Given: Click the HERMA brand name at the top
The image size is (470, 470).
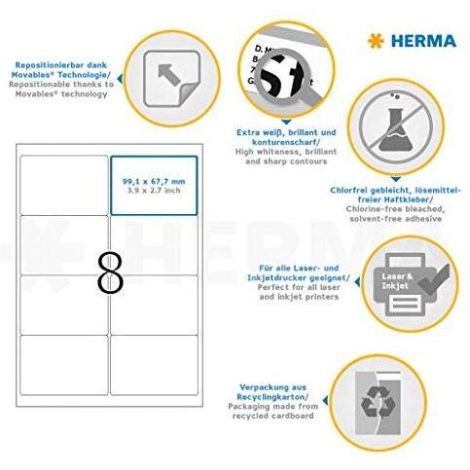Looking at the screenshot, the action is pyautogui.click(x=423, y=41).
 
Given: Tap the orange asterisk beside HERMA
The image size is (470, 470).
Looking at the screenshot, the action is pyautogui.click(x=376, y=41).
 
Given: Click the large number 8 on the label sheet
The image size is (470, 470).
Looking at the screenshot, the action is pyautogui.click(x=110, y=273).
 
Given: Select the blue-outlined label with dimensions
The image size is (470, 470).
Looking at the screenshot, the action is pyautogui.click(x=154, y=185).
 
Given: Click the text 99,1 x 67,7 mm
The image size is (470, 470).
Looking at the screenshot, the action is pyautogui.click(x=154, y=182).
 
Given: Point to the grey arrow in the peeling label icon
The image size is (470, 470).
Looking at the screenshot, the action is pyautogui.click(x=168, y=74).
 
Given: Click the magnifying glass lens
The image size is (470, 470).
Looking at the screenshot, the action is pyautogui.click(x=280, y=77).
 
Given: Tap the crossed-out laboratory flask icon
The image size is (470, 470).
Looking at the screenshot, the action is pyautogui.click(x=396, y=127).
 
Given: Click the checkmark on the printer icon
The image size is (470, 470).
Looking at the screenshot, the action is pyautogui.click(x=434, y=279).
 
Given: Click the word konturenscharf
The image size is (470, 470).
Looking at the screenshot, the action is pyautogui.click(x=285, y=142).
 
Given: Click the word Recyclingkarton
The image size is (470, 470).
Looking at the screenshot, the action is pyautogui.click(x=271, y=397).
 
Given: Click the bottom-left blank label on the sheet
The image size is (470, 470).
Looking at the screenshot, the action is pyautogui.click(x=64, y=365).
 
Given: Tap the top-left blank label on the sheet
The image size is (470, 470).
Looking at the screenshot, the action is pyautogui.click(x=64, y=185).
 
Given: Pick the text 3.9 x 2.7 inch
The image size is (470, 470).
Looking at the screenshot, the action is pyautogui.click(x=154, y=191).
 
